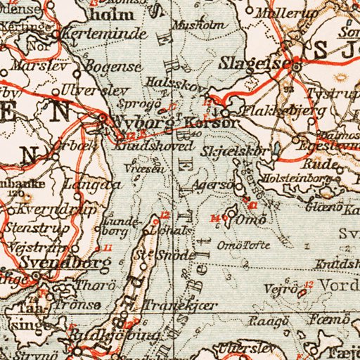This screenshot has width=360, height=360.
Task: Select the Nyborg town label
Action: click(x=140, y=121)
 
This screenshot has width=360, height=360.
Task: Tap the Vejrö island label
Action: click(x=276, y=288)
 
